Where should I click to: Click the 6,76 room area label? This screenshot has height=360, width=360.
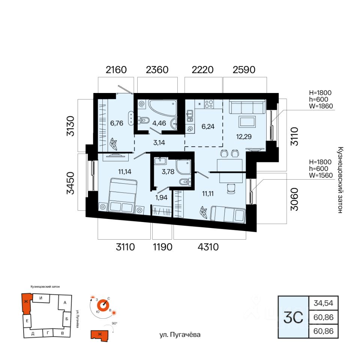coord(117,123)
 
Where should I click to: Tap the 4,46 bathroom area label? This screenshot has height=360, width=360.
coord(159,123)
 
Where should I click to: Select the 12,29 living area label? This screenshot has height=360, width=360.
coord(244,137)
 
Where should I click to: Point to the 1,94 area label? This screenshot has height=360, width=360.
coord(161,198)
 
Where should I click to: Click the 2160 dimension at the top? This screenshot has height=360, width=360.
coord(116,70)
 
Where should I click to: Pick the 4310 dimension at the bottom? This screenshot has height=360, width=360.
coord(208,247)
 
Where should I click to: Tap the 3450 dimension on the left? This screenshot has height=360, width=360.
coord(71,183)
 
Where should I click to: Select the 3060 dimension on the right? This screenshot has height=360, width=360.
coord(294,199)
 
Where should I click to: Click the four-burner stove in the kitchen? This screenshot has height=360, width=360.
coord(209,104)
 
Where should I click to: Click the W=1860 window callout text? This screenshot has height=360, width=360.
coord(321,106)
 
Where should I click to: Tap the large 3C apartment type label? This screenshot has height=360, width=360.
coord(293,318)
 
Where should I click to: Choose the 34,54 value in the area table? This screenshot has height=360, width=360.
coord(324,303)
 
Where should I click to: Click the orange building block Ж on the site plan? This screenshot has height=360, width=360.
coord(26,303)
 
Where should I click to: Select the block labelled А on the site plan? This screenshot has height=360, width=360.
coord(65,303)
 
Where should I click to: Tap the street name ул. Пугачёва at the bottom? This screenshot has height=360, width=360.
coord(180,335)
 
